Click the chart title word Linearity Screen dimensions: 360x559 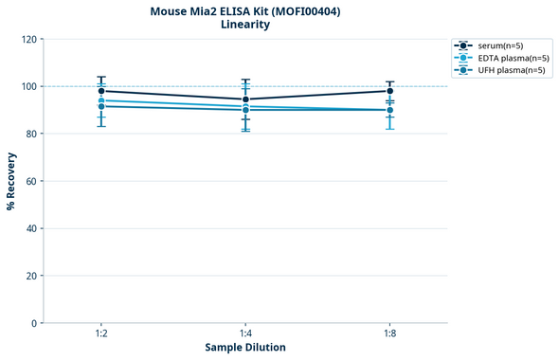244,25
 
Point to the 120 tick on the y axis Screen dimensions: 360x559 28,39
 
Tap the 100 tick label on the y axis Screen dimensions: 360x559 28,86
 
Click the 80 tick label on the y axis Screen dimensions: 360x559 31,134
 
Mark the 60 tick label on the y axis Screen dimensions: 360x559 31,181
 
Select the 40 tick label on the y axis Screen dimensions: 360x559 31,228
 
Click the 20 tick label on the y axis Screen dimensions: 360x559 31,276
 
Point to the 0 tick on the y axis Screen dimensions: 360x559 34,323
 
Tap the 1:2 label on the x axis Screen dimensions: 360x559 101,333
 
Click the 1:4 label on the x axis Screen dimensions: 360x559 245,333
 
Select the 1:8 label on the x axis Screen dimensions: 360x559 389,333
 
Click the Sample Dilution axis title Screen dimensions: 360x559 245,348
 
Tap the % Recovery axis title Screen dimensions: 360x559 11,181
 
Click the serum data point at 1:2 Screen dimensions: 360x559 101,91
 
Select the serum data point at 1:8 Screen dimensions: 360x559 389,91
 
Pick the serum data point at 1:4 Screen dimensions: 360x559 245,99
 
